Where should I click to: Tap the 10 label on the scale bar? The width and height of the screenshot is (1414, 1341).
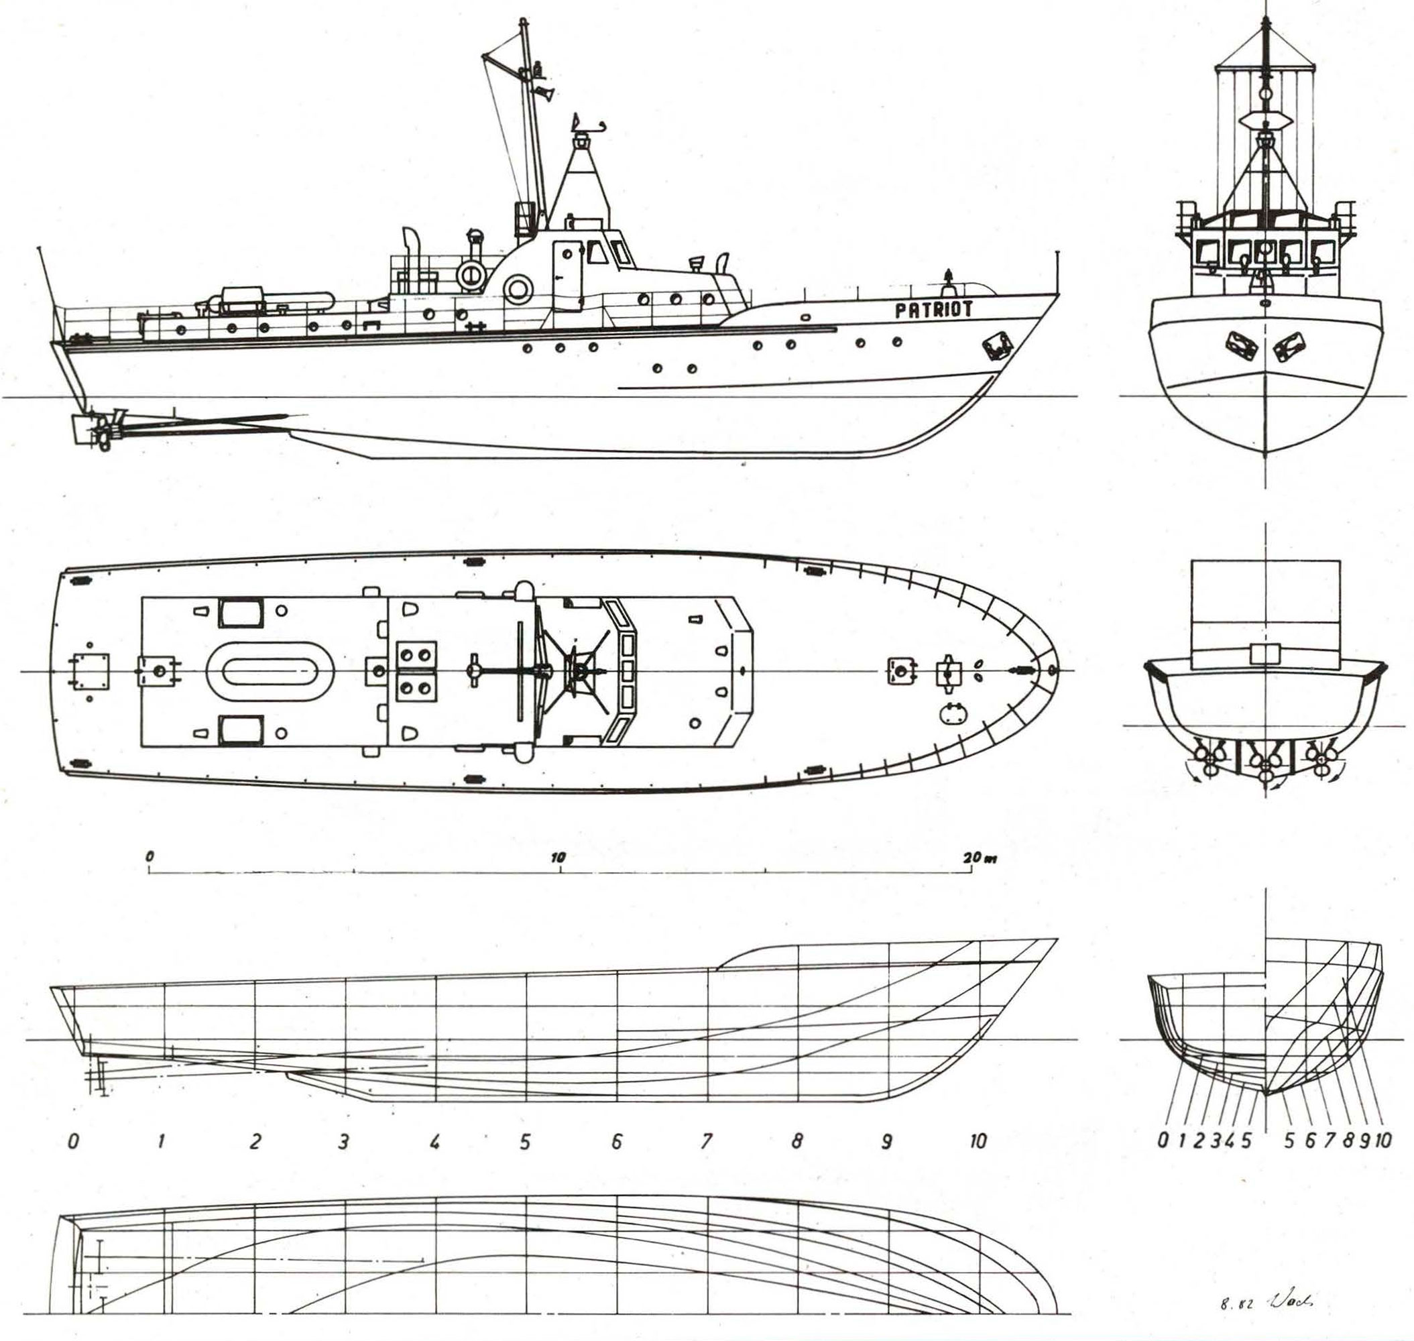pos(558,857)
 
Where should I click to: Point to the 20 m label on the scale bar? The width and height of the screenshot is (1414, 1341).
pos(979,857)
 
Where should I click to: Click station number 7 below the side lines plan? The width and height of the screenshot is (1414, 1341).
pos(706,1142)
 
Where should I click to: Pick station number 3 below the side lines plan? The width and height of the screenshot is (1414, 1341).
pos(344,1142)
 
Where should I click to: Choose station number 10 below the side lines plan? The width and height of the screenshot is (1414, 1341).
pos(978,1142)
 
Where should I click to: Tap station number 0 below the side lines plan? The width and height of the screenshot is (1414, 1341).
pos(72,1142)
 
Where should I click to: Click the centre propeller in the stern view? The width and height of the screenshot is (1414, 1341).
pos(1265,765)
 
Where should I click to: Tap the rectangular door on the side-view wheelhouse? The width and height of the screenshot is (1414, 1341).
pos(567,275)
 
